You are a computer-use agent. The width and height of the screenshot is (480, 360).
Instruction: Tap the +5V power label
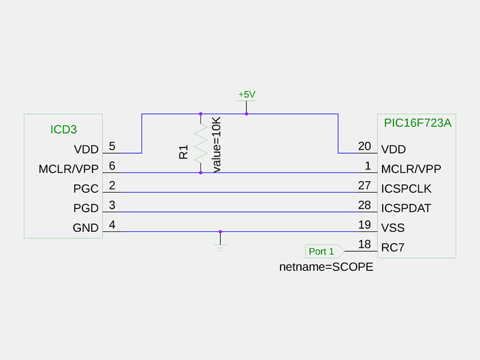tap(246, 94)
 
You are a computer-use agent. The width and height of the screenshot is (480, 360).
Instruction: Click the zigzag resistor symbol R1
tap(200, 143)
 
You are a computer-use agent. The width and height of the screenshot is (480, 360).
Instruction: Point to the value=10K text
tap(217, 144)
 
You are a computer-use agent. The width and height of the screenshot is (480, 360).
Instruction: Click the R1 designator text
tap(183, 152)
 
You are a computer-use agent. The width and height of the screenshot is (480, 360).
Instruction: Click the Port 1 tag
tap(322, 252)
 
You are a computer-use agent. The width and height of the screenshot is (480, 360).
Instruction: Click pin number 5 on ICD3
tap(112, 146)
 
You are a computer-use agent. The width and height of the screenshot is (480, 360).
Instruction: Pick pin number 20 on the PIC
tap(364, 146)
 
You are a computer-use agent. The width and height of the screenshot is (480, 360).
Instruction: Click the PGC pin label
tap(86, 189)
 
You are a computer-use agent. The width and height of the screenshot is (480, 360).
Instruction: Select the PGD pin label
tap(86, 208)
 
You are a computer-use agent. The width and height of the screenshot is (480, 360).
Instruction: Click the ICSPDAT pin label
tap(406, 208)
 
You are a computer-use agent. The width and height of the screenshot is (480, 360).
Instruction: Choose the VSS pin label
tap(392, 228)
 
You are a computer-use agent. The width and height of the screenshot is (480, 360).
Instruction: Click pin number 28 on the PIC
tap(364, 206)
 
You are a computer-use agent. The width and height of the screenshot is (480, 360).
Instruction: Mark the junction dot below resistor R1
tap(200, 173)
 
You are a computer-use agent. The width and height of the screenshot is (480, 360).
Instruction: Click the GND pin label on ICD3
tap(86, 228)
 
